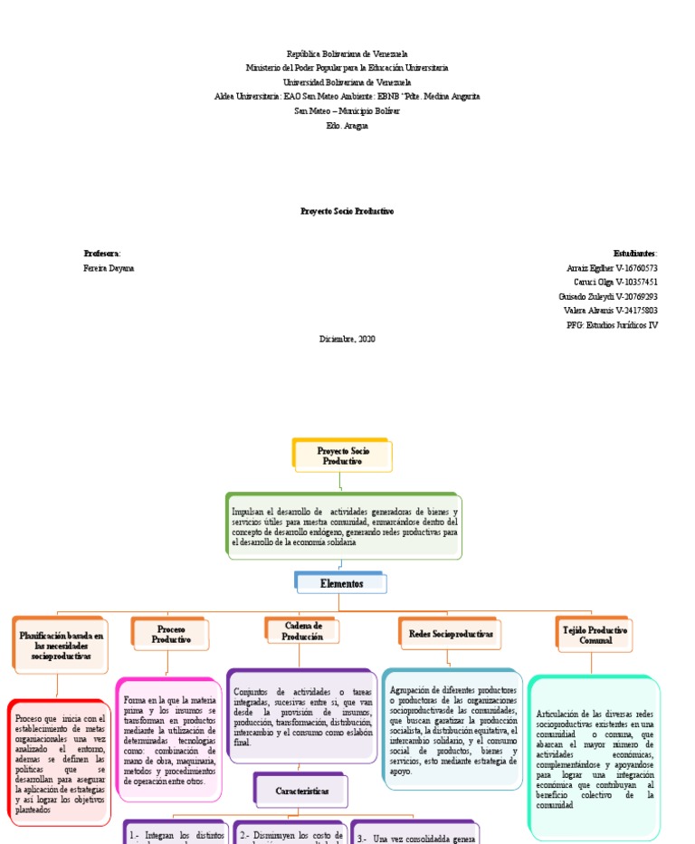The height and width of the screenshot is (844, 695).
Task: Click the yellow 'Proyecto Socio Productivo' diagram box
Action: (343, 455)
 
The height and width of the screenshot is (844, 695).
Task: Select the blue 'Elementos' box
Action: (341, 584)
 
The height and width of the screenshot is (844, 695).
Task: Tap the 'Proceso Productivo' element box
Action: (171, 634)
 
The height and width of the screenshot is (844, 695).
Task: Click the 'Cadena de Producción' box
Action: (303, 631)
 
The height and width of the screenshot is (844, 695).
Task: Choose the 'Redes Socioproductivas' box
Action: (451, 635)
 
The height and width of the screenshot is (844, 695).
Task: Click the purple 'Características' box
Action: (300, 791)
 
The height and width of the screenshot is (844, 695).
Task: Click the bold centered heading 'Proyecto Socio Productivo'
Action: (347, 211)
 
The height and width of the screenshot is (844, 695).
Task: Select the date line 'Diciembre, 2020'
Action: (347, 339)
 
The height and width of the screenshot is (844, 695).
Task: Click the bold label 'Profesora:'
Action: (101, 254)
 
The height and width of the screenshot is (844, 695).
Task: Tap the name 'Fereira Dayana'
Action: (108, 269)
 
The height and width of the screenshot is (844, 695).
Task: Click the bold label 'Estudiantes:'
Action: (635, 254)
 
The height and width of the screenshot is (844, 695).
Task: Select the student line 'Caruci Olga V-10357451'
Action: (613, 283)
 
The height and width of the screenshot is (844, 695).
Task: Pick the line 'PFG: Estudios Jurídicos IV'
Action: (612, 324)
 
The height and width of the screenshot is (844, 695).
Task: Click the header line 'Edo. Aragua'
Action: (347, 125)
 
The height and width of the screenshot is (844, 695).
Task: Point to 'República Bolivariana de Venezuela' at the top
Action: (347, 54)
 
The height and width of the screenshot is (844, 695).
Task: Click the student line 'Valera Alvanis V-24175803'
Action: (610, 311)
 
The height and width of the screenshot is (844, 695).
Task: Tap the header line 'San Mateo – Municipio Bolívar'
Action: (347, 110)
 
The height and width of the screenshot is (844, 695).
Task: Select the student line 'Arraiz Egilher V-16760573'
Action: (612, 269)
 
